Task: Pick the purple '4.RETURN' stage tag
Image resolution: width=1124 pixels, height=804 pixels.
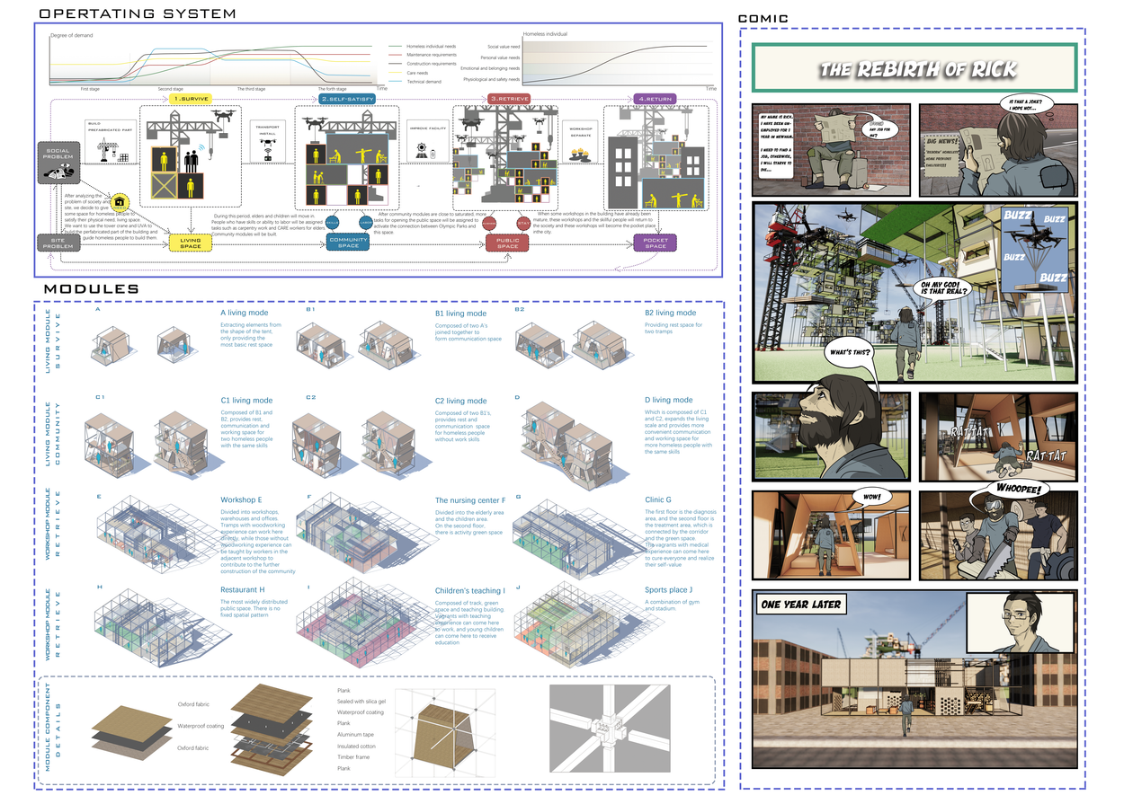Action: pyautogui.click(x=654, y=98)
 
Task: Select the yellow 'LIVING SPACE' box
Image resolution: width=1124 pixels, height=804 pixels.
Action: pyautogui.click(x=191, y=243)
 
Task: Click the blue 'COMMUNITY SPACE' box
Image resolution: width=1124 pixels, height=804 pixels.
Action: pyautogui.click(x=348, y=243)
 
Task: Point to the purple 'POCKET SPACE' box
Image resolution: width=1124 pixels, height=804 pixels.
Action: pyautogui.click(x=655, y=243)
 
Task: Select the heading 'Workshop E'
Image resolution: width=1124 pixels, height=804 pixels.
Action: pyautogui.click(x=241, y=500)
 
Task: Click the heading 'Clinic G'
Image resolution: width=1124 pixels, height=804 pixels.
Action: pyautogui.click(x=658, y=500)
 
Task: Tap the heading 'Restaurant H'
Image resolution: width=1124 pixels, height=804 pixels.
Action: pyautogui.click(x=243, y=590)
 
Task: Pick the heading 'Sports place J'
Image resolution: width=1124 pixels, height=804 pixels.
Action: pyautogui.click(x=669, y=590)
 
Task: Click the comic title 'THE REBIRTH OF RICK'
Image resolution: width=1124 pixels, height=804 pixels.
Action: pyautogui.click(x=917, y=70)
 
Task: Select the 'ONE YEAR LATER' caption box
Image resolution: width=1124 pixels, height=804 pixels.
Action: pyautogui.click(x=801, y=605)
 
